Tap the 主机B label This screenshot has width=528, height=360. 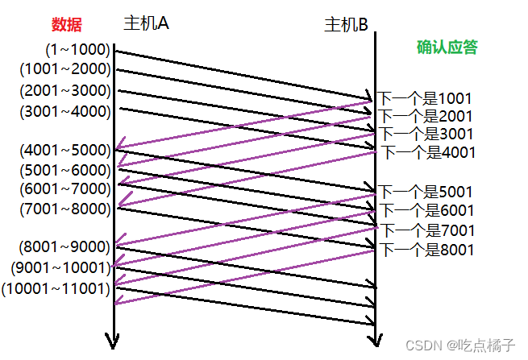click(x=346, y=24)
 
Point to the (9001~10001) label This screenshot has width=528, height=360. click(x=62, y=267)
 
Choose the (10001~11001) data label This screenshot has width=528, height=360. click(x=57, y=287)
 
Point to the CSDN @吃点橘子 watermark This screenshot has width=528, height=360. click(x=460, y=345)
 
